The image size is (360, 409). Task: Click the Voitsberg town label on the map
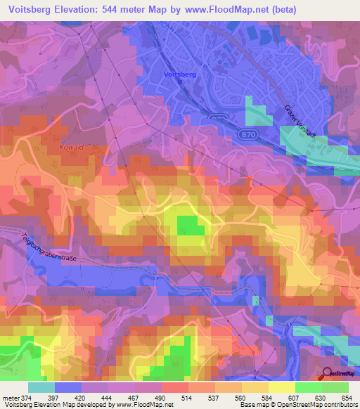point(179,73)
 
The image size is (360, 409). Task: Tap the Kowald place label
point(71,148)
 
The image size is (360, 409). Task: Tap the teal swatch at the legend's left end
point(41,387)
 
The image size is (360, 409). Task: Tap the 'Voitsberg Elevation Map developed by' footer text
point(51,404)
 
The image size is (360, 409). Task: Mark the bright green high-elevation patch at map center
point(188,226)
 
